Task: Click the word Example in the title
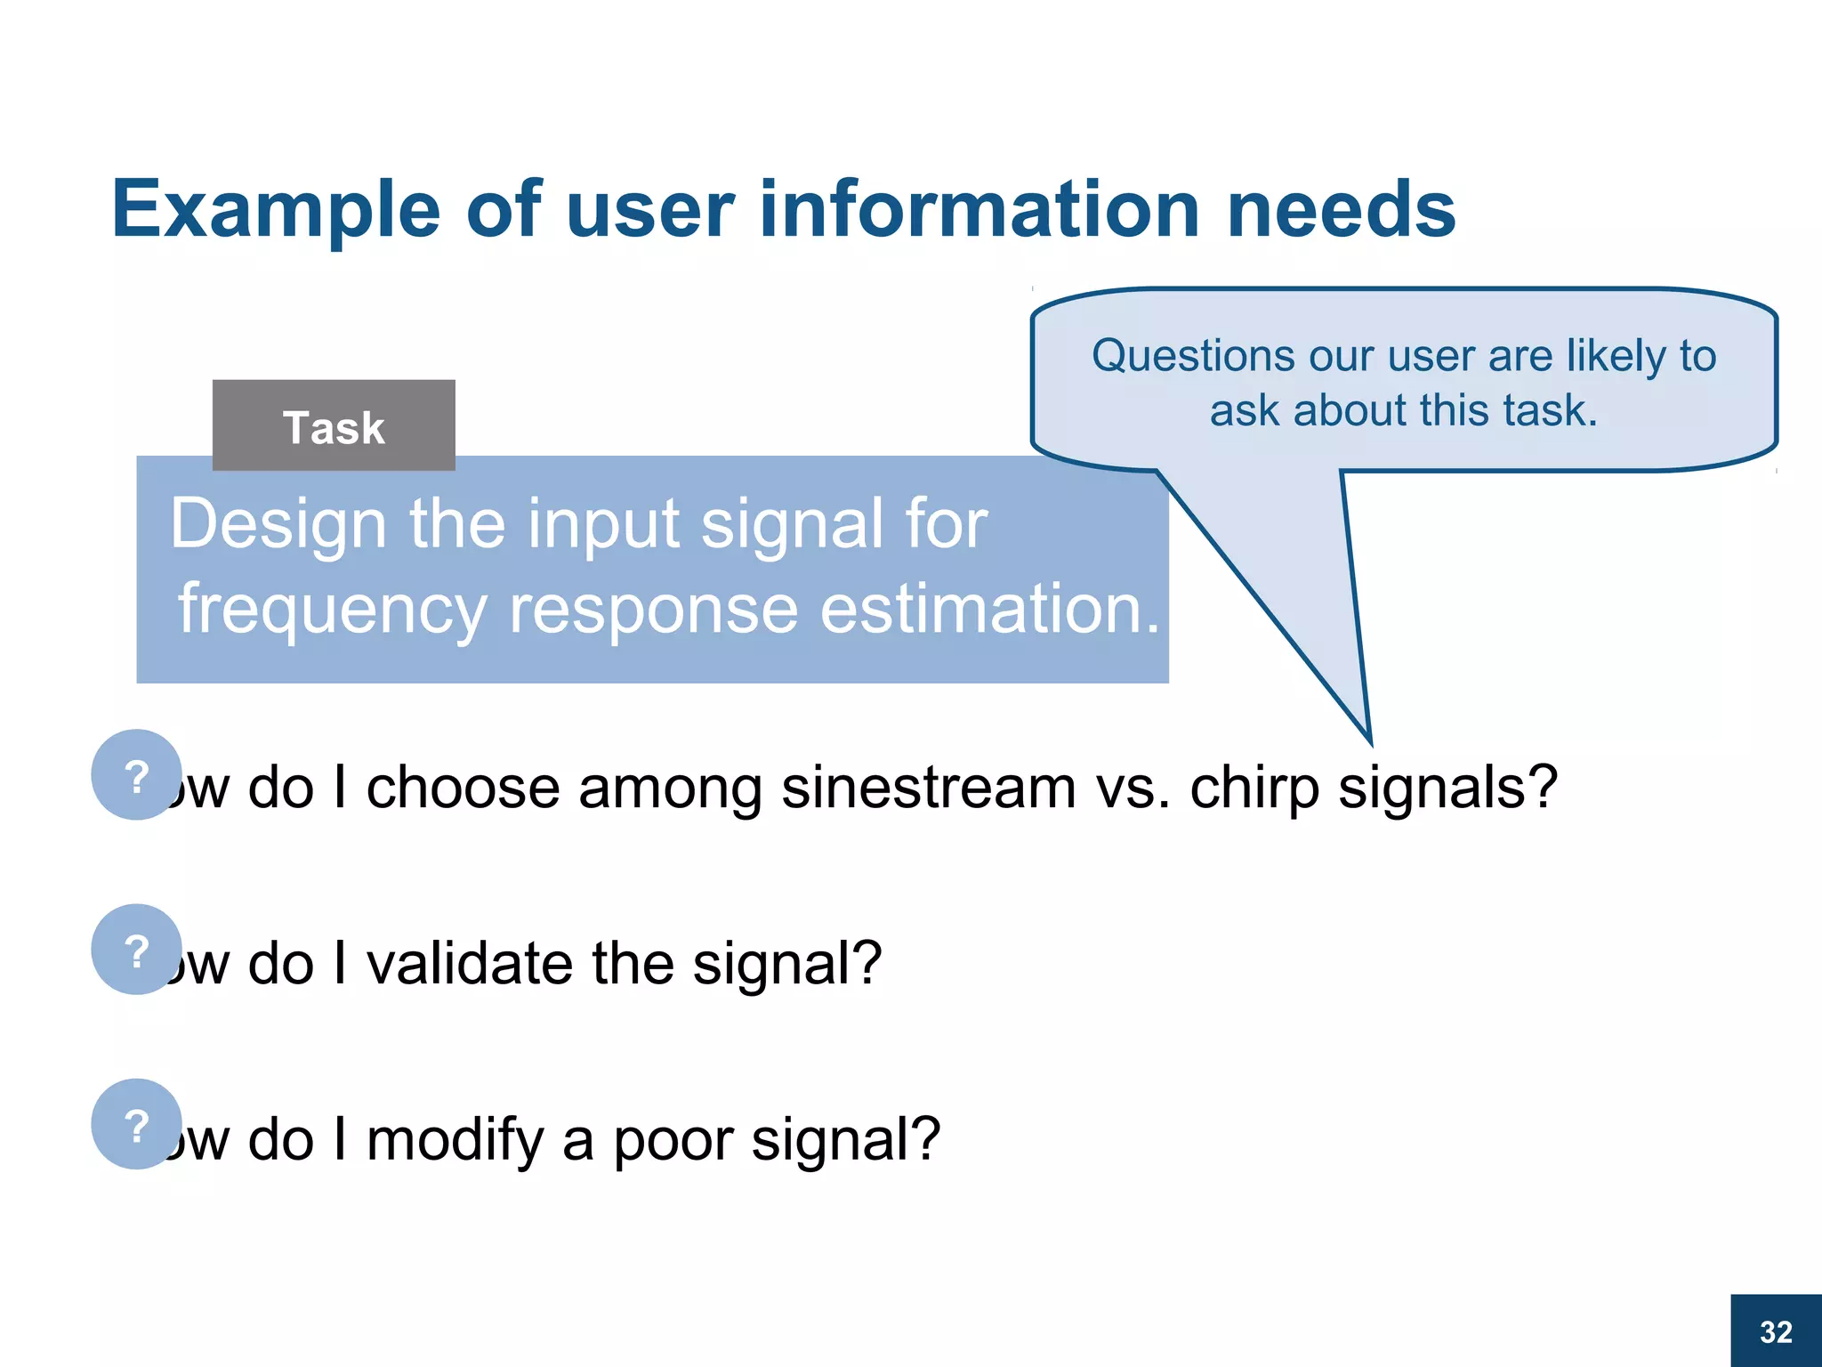(x=276, y=210)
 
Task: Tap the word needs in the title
(x=1341, y=210)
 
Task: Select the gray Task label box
(x=334, y=425)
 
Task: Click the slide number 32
(x=1776, y=1331)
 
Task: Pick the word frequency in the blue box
(x=332, y=611)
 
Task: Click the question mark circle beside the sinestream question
(x=136, y=774)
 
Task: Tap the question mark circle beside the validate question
(x=136, y=949)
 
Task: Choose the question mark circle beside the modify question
(x=136, y=1123)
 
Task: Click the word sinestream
(x=929, y=788)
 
